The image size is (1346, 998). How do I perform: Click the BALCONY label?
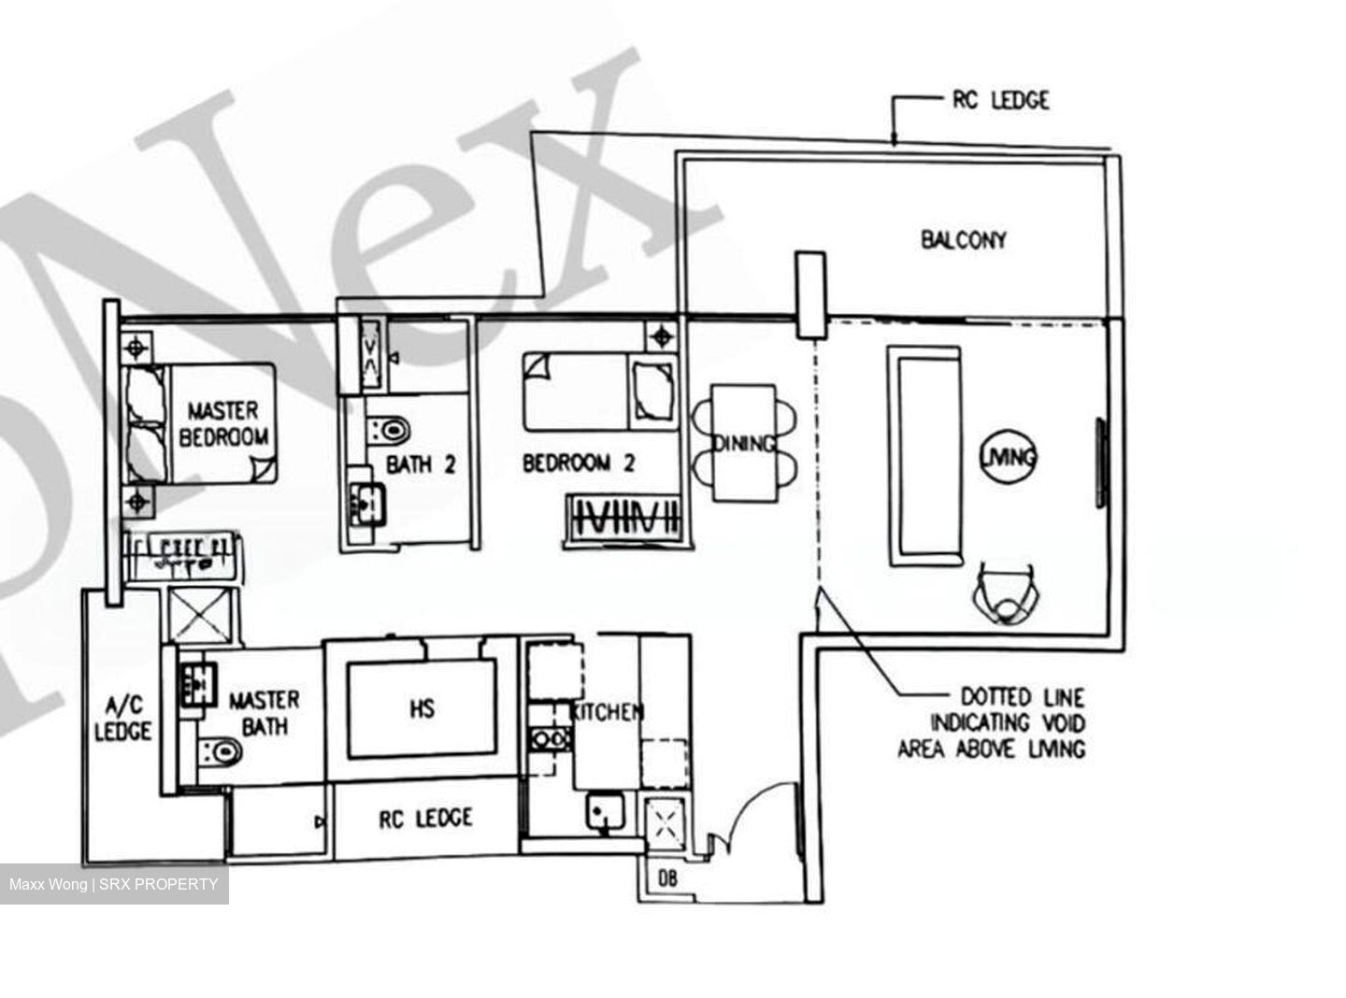point(964,240)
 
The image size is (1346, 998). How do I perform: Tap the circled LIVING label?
point(1009,456)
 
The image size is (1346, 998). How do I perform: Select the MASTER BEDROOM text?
point(224,422)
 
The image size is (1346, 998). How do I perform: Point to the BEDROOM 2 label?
point(579,463)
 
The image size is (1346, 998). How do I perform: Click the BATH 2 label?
point(421,463)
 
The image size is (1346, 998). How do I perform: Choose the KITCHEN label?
point(608,712)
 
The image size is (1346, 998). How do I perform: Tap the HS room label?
point(422,709)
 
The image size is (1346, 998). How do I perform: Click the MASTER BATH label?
point(265,713)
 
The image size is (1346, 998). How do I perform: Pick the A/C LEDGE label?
point(122,718)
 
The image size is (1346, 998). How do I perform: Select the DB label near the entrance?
point(667,878)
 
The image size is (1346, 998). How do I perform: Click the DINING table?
point(744,443)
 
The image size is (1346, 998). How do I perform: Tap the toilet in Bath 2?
point(391,429)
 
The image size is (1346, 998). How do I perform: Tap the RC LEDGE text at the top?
point(1001,99)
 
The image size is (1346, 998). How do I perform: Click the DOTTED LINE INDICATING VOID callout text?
point(994,722)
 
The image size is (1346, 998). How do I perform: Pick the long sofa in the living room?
point(924,455)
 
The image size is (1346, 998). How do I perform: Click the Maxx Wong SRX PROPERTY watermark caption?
point(114,884)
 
